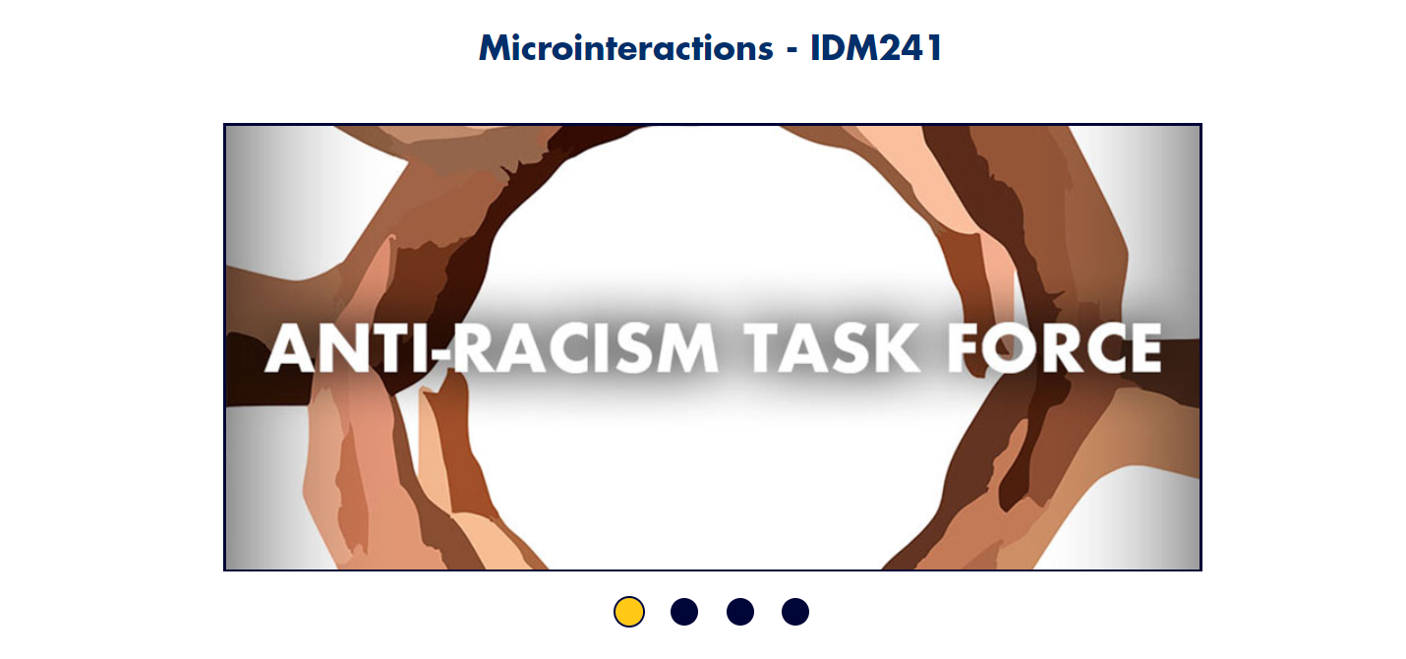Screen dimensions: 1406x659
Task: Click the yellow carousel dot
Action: coord(629,612)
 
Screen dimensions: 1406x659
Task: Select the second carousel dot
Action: coord(684,612)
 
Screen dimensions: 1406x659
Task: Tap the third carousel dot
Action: coord(740,612)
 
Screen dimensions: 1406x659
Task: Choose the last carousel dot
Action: coord(795,612)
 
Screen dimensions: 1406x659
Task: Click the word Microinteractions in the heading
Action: coord(625,47)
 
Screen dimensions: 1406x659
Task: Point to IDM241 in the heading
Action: coord(876,47)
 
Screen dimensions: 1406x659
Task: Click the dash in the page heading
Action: coord(791,50)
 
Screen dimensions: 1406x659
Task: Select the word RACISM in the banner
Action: coord(586,348)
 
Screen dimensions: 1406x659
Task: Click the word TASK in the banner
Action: coord(829,348)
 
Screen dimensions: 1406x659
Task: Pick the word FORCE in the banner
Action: coord(1054,348)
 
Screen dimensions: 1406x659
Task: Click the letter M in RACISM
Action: coord(685,348)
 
